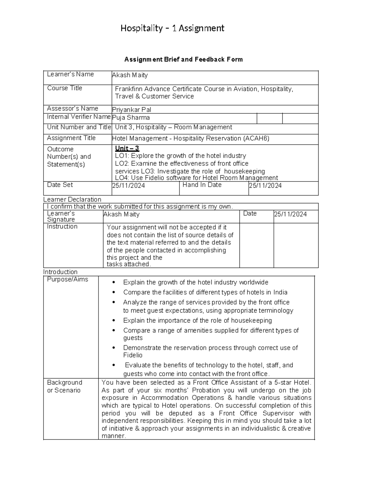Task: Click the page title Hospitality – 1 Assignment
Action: tap(172, 28)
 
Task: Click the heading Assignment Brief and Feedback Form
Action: tap(183, 60)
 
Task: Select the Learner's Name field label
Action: tap(70, 74)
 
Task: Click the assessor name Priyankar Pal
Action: tap(132, 110)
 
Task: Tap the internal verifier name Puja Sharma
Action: tap(131, 118)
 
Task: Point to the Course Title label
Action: tap(64, 88)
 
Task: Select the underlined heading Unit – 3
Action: tap(127, 149)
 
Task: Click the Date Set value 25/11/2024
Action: tap(128, 186)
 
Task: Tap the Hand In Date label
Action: tap(202, 185)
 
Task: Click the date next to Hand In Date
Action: tap(265, 186)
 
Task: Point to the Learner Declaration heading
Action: tap(72, 199)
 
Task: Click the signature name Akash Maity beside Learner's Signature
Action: tap(121, 214)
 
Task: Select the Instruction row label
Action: tap(62, 227)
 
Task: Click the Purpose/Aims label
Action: tap(67, 280)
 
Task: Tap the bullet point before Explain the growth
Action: tap(114, 283)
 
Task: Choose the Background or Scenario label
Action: tap(64, 386)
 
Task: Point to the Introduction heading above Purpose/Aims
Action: tap(60, 272)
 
